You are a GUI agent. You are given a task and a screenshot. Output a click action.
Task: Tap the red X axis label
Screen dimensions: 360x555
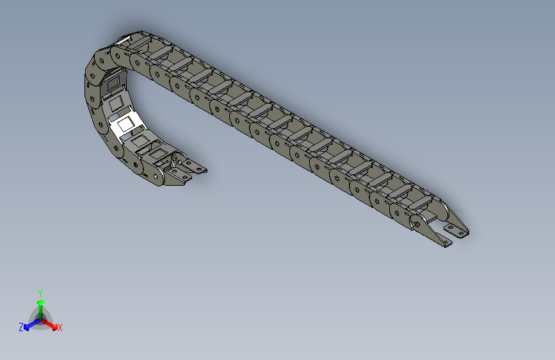[x=60, y=328]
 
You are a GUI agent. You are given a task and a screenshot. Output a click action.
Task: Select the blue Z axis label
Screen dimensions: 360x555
[x=21, y=327]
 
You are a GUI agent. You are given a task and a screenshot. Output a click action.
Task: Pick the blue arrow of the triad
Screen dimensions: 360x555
[x=29, y=324]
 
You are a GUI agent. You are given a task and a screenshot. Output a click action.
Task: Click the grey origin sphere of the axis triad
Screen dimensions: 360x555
[x=40, y=318]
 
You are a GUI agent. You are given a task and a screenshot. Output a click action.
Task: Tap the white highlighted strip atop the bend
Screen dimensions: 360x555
[x=121, y=42]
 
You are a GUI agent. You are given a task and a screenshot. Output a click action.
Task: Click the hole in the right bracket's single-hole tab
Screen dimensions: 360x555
[x=447, y=243]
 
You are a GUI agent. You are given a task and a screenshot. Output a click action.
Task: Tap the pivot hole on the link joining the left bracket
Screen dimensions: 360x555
[x=154, y=174]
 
